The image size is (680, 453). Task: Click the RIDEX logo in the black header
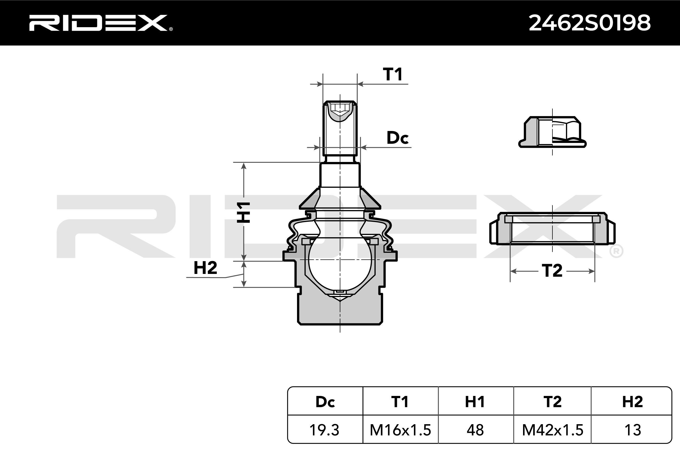(101, 23)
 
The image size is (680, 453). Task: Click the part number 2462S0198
(589, 23)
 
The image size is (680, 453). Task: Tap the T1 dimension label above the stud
(392, 74)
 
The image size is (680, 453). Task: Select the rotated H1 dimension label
(243, 212)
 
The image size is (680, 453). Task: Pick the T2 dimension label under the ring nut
(552, 271)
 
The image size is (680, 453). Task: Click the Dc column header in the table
(325, 402)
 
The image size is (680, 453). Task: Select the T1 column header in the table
(400, 402)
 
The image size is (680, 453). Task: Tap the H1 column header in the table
(475, 402)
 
